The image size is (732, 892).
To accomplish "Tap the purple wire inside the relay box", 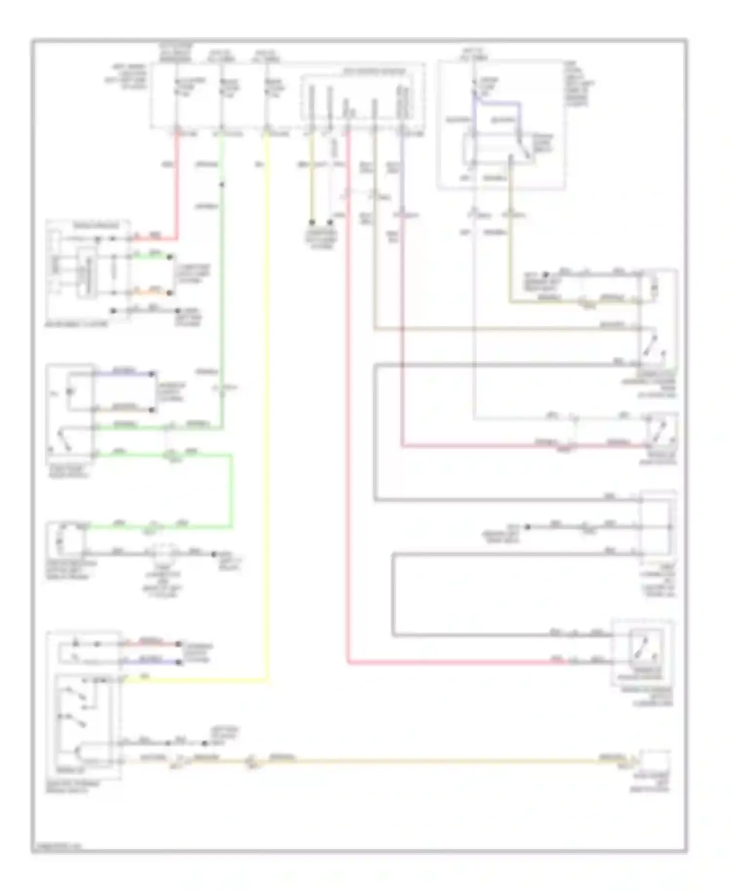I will [498, 103].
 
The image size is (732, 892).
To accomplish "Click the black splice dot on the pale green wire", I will [222, 184].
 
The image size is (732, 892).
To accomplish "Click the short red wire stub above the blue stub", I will [151, 644].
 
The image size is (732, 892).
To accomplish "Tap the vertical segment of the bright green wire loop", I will [231, 490].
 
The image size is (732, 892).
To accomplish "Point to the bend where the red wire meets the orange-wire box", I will [176, 239].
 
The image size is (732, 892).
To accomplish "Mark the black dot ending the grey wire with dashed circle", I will [213, 554].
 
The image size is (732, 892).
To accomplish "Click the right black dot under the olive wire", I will [330, 222].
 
